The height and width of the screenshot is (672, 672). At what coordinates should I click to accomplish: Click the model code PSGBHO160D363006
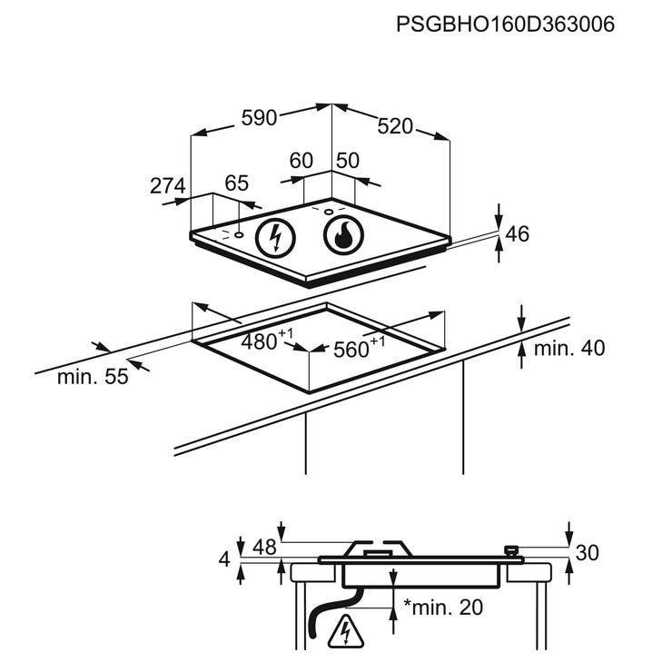pyautogui.click(x=505, y=24)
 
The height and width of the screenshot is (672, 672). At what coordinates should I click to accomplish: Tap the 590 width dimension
pyautogui.click(x=260, y=118)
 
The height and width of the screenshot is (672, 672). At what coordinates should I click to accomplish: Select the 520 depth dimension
pyautogui.click(x=395, y=126)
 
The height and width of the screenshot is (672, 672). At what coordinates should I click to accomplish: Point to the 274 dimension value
pyautogui.click(x=168, y=185)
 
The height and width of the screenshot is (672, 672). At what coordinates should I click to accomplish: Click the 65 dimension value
pyautogui.click(x=237, y=183)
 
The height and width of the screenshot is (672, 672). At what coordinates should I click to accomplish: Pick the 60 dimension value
pyautogui.click(x=301, y=161)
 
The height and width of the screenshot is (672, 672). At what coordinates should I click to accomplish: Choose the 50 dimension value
pyautogui.click(x=348, y=161)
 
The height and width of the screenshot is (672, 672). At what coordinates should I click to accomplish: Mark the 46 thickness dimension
pyautogui.click(x=518, y=234)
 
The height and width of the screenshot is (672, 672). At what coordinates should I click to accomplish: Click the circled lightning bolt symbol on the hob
pyautogui.click(x=275, y=238)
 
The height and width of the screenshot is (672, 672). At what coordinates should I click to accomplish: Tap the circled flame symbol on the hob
pyautogui.click(x=343, y=236)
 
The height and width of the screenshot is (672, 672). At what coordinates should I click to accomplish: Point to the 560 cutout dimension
pyautogui.click(x=359, y=348)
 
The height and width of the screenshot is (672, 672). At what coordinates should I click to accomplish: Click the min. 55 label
pyautogui.click(x=93, y=377)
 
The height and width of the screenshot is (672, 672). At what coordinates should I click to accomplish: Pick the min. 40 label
pyautogui.click(x=569, y=349)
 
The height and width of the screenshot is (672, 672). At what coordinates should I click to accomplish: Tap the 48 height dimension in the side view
pyautogui.click(x=264, y=548)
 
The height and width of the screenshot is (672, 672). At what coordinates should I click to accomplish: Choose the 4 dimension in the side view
pyautogui.click(x=224, y=559)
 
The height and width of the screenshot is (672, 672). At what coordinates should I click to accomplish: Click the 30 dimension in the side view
pyautogui.click(x=587, y=553)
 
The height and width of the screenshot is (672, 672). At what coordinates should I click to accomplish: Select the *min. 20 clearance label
pyautogui.click(x=443, y=607)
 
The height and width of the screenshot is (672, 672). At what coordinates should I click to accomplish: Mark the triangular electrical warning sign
pyautogui.click(x=345, y=632)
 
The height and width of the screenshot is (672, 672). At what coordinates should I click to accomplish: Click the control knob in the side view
pyautogui.click(x=511, y=549)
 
